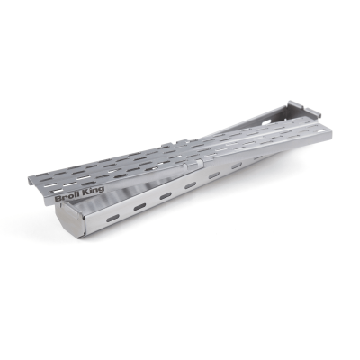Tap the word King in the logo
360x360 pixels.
point(94,191)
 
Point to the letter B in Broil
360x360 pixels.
point(58,200)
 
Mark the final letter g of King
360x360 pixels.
point(101,190)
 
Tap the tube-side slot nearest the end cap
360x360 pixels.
point(112,218)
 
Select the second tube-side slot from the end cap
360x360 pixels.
point(139,206)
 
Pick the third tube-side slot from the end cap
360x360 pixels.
point(166,196)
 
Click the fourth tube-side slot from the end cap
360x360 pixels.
point(190,186)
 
